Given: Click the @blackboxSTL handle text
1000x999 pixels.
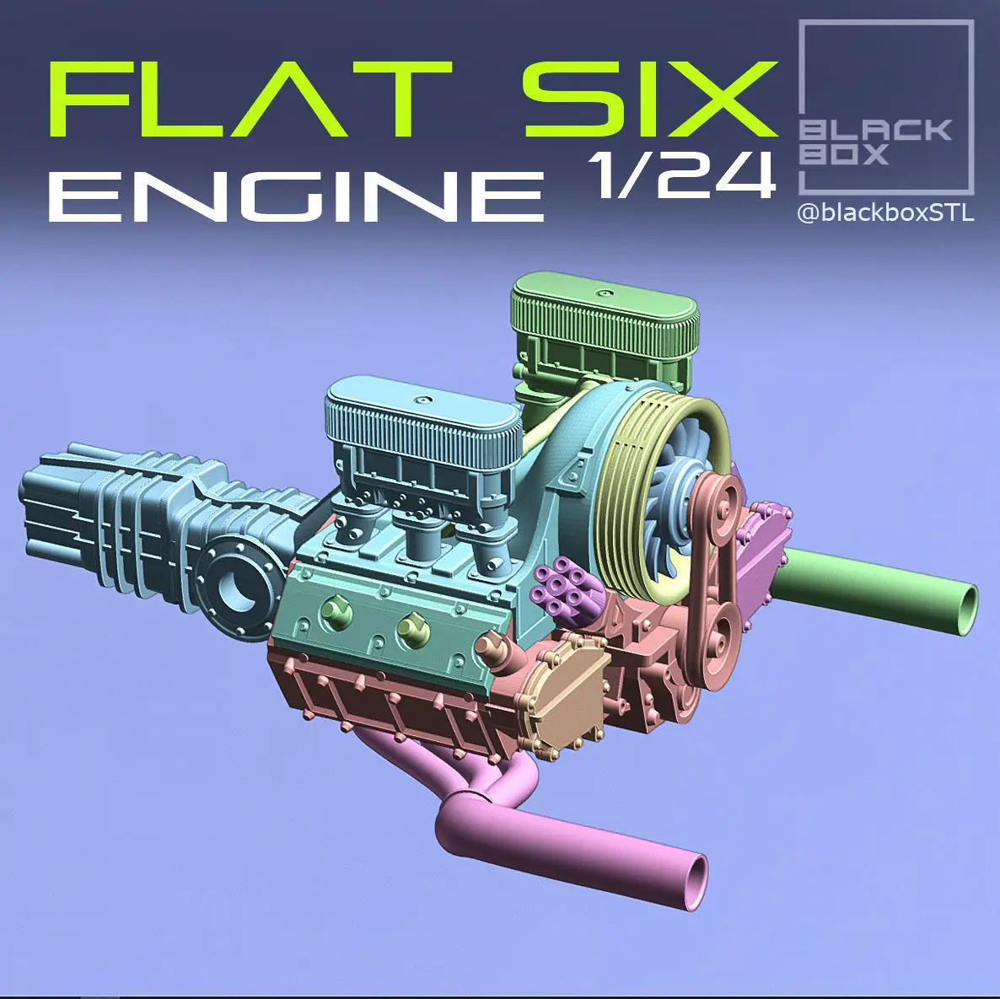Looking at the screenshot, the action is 885,213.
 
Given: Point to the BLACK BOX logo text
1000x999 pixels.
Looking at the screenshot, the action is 875,142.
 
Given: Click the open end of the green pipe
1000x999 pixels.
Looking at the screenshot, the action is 967,610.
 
